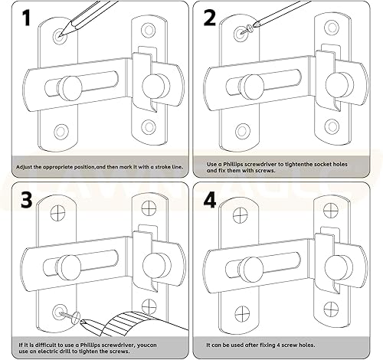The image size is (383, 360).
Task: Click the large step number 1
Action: tap(26, 18)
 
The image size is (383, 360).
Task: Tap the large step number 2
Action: tap(210, 18)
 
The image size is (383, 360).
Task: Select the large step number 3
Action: tap(27, 200)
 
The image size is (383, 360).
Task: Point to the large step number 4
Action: tap(210, 200)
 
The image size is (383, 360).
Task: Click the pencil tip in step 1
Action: tap(59, 36)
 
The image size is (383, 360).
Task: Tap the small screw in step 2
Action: tap(246, 29)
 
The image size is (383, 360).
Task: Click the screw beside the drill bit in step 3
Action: tap(70, 316)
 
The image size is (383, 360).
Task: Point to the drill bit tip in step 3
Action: tap(82, 322)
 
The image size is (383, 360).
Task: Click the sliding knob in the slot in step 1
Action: tap(70, 88)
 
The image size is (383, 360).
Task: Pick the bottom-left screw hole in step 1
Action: tap(61, 132)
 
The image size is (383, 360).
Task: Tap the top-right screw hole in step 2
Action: tap(332, 28)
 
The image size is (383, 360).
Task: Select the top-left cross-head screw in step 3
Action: tap(57, 213)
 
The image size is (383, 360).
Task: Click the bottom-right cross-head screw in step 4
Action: tap(331, 309)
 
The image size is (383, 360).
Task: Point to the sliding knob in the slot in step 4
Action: tap(251, 270)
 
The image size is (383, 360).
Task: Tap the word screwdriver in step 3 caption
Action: tap(116, 345)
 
